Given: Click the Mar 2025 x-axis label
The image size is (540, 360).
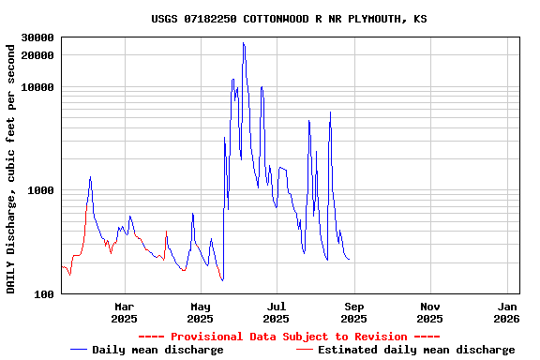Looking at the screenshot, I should tap(124, 312).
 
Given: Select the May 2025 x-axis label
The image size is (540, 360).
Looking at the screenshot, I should tap(201, 312).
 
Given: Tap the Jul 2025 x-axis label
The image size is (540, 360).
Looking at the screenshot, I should tap(277, 312).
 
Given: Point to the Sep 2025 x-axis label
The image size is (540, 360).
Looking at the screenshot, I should tap(353, 312).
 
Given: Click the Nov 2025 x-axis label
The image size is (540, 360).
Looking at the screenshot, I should tap(430, 312).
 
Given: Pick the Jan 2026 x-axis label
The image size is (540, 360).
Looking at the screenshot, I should tap(507, 312).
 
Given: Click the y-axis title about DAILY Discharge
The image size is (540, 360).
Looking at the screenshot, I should tap(11, 167).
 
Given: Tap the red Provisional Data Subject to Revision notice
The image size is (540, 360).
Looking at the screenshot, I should tap(289, 337).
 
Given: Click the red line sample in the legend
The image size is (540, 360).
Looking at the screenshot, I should tap(304, 350).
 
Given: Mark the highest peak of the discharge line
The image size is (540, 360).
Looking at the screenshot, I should tap(244, 43).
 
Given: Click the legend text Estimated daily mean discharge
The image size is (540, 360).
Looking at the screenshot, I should tap(416, 350).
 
